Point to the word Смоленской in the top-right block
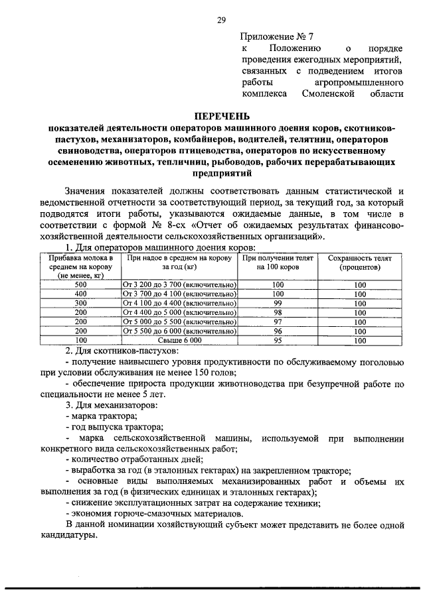point(331,95)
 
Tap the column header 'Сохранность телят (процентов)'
point(359,263)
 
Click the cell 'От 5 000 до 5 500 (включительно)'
point(180,322)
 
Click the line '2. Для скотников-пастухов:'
point(122,350)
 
